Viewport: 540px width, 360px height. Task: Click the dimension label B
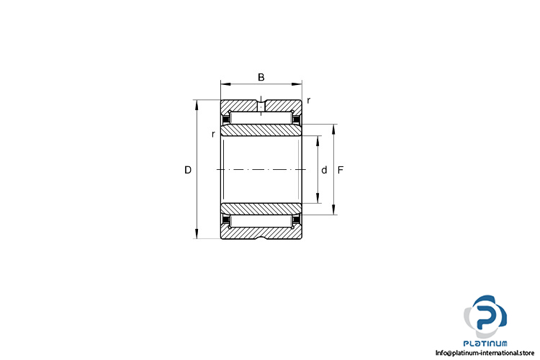click(261, 77)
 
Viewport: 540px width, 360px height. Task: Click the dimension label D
click(188, 170)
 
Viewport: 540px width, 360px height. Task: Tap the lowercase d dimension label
click(324, 170)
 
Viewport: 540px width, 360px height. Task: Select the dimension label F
click(341, 170)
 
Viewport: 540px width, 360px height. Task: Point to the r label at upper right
click(309, 101)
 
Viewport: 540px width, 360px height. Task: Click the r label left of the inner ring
click(214, 135)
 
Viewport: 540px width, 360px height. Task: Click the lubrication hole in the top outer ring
click(261, 106)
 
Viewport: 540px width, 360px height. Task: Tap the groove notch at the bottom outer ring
click(261, 238)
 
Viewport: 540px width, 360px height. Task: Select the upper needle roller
click(261, 118)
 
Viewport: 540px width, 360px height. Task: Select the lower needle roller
click(261, 221)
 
